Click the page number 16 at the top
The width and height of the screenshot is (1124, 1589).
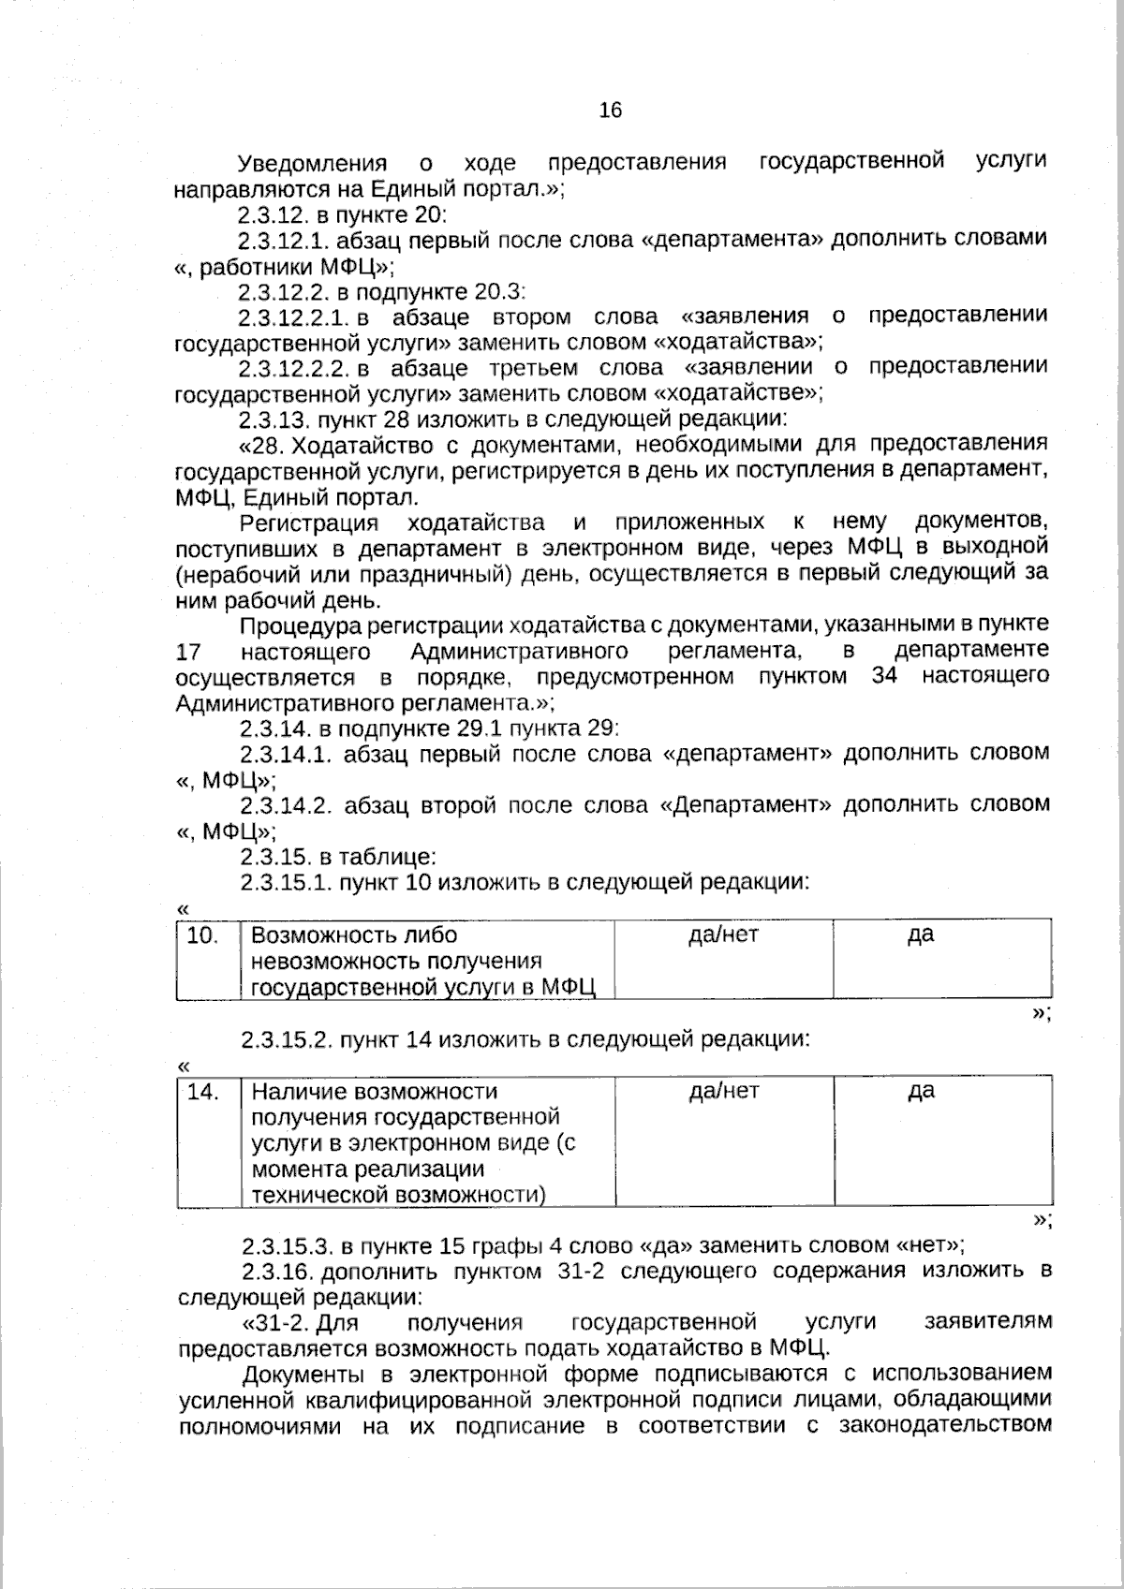coord(610,110)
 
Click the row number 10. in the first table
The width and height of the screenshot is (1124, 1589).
coord(203,935)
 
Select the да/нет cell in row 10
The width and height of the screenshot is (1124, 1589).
coord(723,934)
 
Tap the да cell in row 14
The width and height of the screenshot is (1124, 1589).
coord(922,1091)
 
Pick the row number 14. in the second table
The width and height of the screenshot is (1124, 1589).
coord(203,1092)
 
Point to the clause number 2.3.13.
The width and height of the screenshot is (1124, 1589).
coord(273,419)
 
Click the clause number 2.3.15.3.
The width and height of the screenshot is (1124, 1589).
coord(287,1246)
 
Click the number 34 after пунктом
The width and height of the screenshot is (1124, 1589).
coord(884,676)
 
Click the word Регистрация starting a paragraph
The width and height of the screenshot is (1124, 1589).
coord(309,522)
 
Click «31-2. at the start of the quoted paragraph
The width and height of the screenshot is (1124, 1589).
coord(276,1323)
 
